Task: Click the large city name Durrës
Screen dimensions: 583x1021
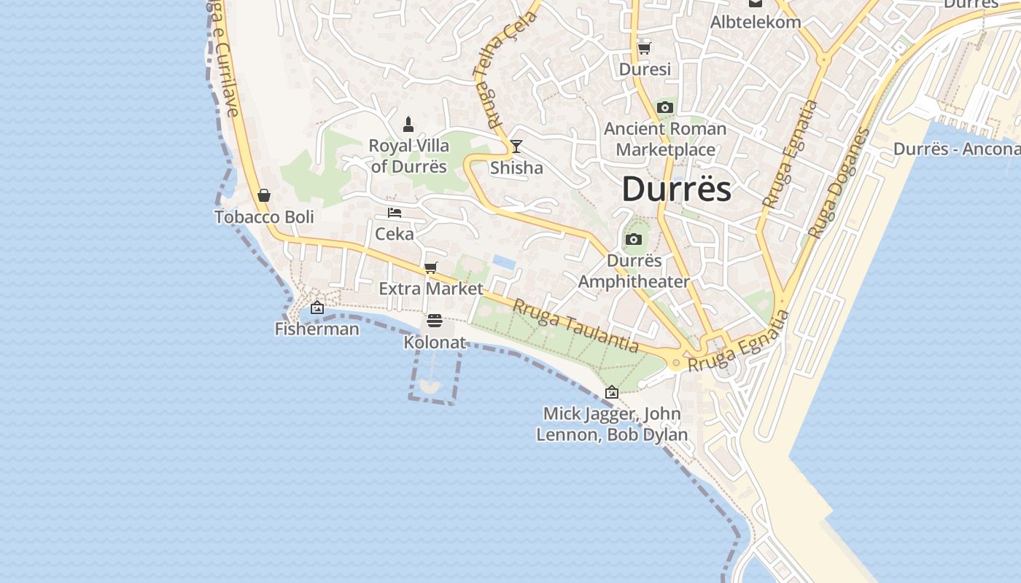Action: coord(676,189)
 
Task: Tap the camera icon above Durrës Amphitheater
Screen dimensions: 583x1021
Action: coord(634,239)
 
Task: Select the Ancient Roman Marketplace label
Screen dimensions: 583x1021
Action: coord(665,139)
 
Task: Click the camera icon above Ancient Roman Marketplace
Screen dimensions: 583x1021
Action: coord(664,108)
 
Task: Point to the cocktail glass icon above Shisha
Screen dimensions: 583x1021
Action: coord(516,146)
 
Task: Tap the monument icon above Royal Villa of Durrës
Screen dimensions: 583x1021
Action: coord(408,124)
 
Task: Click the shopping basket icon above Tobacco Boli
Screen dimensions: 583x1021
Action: coord(264,195)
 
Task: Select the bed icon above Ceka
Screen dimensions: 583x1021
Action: coord(395,213)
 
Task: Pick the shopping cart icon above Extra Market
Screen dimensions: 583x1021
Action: coord(431,267)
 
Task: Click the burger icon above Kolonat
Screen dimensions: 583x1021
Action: coord(435,321)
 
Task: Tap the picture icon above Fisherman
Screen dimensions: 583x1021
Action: coord(317,308)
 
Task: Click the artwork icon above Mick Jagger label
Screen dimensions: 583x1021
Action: coord(612,392)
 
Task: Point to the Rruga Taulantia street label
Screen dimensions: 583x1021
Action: coord(575,326)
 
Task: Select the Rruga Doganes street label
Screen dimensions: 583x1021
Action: coord(839,184)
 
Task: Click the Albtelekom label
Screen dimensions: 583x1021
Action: coord(756,22)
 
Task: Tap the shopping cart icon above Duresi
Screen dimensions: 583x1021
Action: coord(644,48)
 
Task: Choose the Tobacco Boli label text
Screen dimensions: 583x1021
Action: coord(264,217)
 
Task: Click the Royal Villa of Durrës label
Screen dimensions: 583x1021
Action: coord(408,156)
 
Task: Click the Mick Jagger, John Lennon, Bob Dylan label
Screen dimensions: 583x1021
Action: coord(612,424)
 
